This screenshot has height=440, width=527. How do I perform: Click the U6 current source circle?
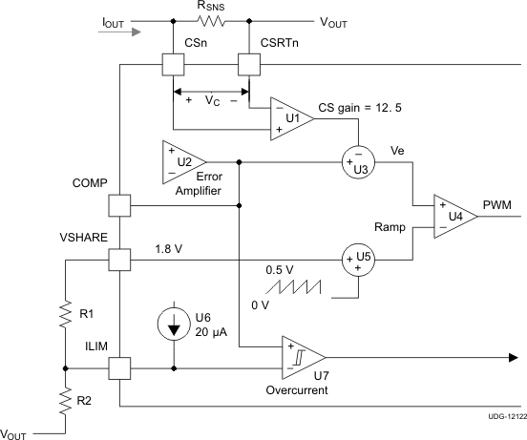pos(174,325)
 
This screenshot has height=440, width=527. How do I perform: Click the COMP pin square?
pos(119,205)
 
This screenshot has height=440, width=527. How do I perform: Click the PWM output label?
pos(497,203)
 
